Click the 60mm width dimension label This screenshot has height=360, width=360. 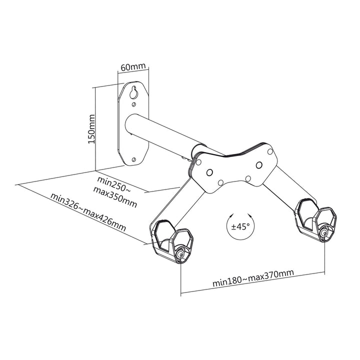coord(132,66)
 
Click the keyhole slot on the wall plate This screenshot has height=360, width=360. coord(133,93)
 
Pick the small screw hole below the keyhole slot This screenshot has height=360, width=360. coord(133,104)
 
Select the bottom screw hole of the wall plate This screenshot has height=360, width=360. coord(133,159)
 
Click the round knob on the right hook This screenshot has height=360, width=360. coord(325,232)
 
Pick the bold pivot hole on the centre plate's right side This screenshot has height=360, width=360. coord(258,164)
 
